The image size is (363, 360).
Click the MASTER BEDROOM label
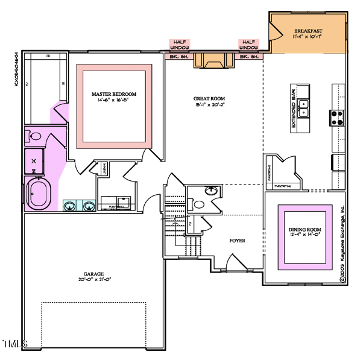pyautogui.click(x=114, y=96)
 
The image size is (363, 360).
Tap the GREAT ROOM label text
pyautogui.click(x=209, y=101)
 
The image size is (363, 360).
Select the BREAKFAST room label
pyautogui.click(x=308, y=33)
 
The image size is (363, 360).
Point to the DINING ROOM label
pyautogui.click(x=305, y=233)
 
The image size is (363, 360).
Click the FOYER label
pyautogui.click(x=237, y=241)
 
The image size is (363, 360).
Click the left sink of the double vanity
pyautogui.click(x=70, y=206)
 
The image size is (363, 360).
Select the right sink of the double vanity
pyautogui.click(x=89, y=206)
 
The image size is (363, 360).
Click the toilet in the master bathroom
pyautogui.click(x=34, y=136)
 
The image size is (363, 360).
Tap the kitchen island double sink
pyautogui.click(x=306, y=109)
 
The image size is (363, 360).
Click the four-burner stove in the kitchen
pyautogui.click(x=336, y=116)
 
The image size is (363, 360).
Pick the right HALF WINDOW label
pyautogui.click(x=248, y=43)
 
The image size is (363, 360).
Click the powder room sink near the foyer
pyautogui.click(x=211, y=192)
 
